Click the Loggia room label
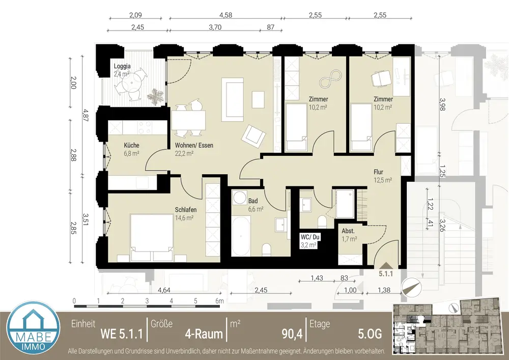(x=122, y=66)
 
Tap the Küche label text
(x=131, y=145)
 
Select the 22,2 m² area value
(x=184, y=153)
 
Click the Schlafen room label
(x=186, y=210)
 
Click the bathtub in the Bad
(x=241, y=236)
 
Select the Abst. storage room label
(x=348, y=231)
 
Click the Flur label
(x=378, y=172)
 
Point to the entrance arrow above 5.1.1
(x=386, y=265)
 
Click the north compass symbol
(x=412, y=287)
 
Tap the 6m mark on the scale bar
(x=219, y=301)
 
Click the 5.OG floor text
(x=370, y=334)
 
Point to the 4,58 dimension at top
(x=225, y=15)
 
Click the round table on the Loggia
(x=129, y=85)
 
